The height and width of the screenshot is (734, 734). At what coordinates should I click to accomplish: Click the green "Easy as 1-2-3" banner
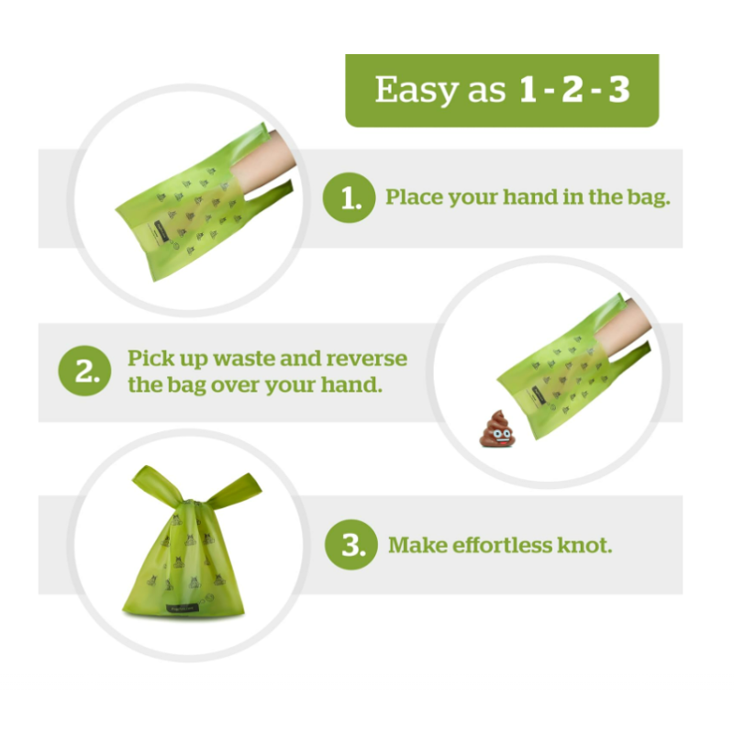pyautogui.click(x=502, y=90)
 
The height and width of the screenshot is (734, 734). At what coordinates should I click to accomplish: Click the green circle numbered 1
pyautogui.click(x=350, y=197)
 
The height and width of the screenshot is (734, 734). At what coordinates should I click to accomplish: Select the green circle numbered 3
pyautogui.click(x=351, y=545)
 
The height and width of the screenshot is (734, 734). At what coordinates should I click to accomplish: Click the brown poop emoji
pyautogui.click(x=497, y=428)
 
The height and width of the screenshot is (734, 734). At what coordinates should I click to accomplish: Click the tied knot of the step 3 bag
pyautogui.click(x=190, y=503)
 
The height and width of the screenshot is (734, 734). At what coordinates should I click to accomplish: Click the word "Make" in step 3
pyautogui.click(x=413, y=545)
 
